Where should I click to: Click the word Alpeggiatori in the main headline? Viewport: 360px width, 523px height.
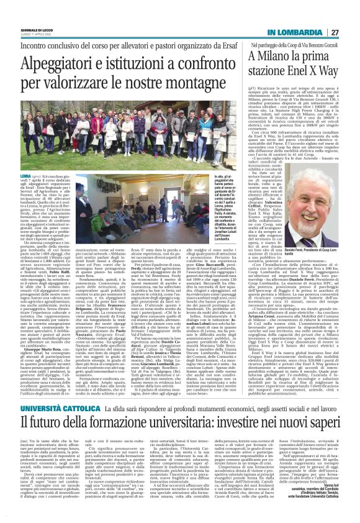pyautogui.click(x=63, y=62)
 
